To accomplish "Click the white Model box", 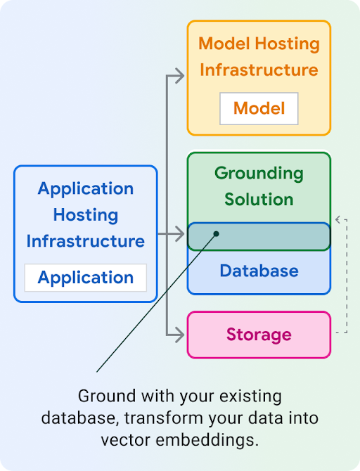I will point(259,108).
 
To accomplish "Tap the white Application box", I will point(86,278).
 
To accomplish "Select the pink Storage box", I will point(259,334).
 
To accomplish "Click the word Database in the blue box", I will point(259,271).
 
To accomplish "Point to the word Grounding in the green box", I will point(259,173).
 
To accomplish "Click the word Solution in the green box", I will point(259,199).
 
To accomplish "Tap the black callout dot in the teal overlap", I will point(217,234).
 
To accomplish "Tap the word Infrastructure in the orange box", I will point(259,70).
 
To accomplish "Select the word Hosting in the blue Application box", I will point(86,215).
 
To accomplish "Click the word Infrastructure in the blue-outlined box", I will point(86,241).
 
